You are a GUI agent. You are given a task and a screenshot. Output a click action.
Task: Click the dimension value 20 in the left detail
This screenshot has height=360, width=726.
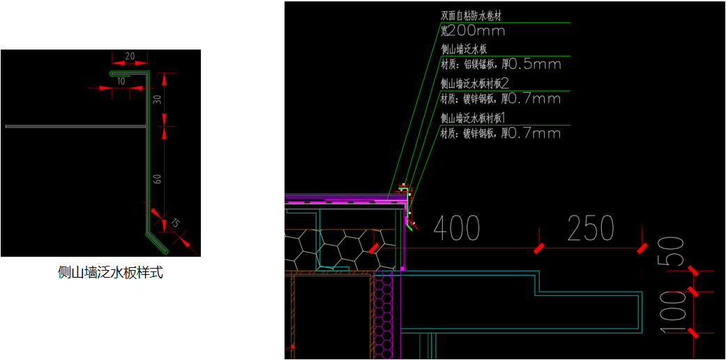130,56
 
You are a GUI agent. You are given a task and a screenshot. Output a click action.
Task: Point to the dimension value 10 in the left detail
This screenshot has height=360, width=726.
121,81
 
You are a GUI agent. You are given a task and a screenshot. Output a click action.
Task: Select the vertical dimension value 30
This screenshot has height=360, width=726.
158,99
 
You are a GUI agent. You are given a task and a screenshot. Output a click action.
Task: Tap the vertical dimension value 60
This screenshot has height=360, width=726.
158,179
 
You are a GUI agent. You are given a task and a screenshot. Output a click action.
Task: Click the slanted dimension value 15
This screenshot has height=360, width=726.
175,223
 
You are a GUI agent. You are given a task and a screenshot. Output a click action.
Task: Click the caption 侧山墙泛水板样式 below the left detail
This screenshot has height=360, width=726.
110,273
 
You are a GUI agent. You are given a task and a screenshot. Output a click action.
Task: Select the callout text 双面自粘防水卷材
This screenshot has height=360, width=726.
471,15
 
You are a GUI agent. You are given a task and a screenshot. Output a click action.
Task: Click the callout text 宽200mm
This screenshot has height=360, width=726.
473,31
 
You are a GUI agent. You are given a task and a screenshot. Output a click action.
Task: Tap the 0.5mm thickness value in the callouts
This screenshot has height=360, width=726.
535,65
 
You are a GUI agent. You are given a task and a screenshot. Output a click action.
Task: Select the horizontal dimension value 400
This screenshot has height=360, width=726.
457,228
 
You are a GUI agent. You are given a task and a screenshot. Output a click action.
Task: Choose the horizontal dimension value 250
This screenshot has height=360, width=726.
590,228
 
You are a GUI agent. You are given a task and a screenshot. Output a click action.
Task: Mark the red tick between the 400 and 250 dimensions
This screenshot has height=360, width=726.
539,248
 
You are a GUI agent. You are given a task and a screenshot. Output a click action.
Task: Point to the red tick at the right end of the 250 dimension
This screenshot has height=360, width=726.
642,248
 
